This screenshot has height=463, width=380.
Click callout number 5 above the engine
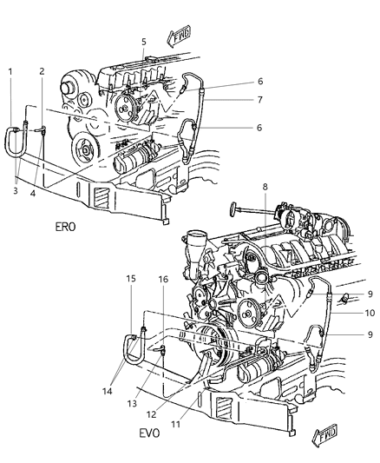[143, 41]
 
